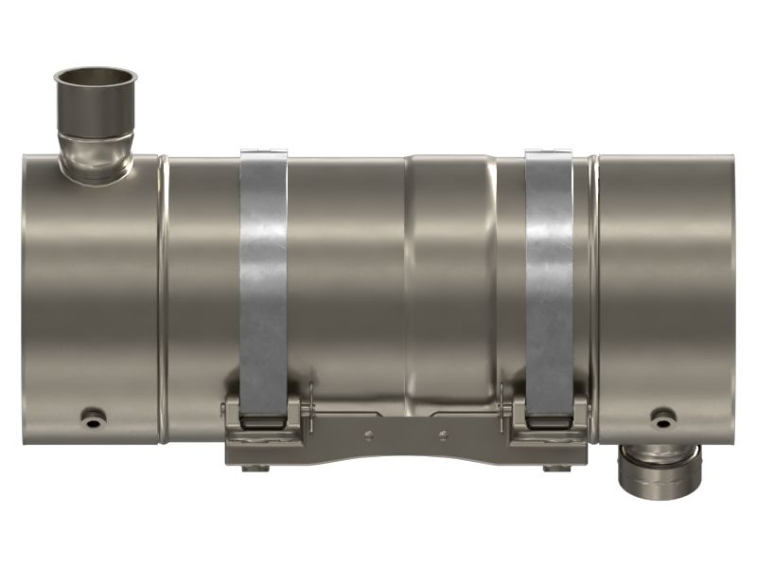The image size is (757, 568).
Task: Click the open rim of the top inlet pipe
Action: pyautogui.click(x=95, y=76)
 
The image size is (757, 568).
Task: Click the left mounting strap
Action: pyautogui.click(x=263, y=284)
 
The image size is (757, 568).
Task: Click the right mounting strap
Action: pyautogui.click(x=549, y=284)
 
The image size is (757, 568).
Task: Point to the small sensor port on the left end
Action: pyautogui.click(x=94, y=416)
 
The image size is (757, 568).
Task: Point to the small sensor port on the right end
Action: pyautogui.click(x=662, y=416)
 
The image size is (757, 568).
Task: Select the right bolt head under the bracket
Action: pyautogui.click(x=553, y=467)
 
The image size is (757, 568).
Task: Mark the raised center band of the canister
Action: pyautogui.click(x=449, y=284)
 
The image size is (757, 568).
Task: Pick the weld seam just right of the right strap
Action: pyautogui.click(x=595, y=284)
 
